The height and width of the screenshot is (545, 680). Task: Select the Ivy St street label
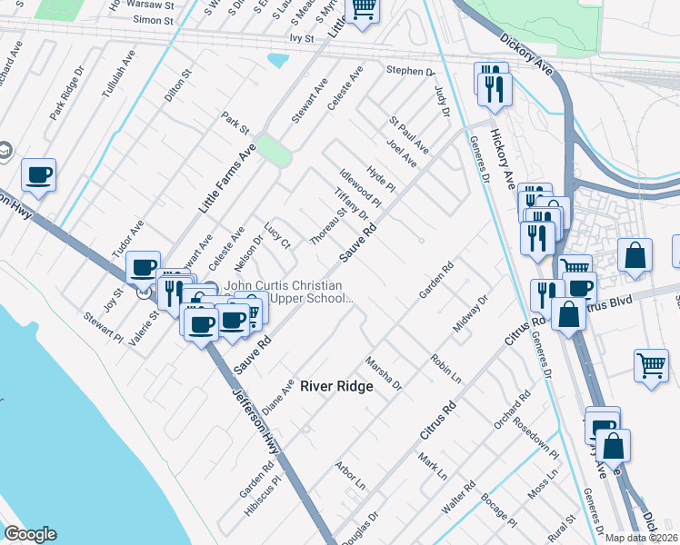pyautogui.click(x=301, y=39)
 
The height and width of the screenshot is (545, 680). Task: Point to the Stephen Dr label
pyautogui.click(x=411, y=71)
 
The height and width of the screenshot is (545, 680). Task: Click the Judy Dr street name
pyautogui.click(x=442, y=101)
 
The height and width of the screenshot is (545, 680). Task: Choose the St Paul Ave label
pyautogui.click(x=408, y=133)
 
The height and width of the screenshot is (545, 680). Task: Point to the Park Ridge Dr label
pyautogui.click(x=66, y=92)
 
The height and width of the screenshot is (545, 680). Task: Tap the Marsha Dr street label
pyautogui.click(x=383, y=373)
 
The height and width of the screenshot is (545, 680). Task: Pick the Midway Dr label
pyautogui.click(x=471, y=312)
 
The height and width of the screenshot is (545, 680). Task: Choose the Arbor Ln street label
pyautogui.click(x=349, y=472)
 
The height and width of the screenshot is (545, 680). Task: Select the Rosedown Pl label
pyautogui.click(x=535, y=435)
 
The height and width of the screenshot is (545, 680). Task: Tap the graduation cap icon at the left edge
pyautogui.click(x=5, y=150)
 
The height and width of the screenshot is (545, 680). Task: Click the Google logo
pyautogui.click(x=30, y=534)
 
